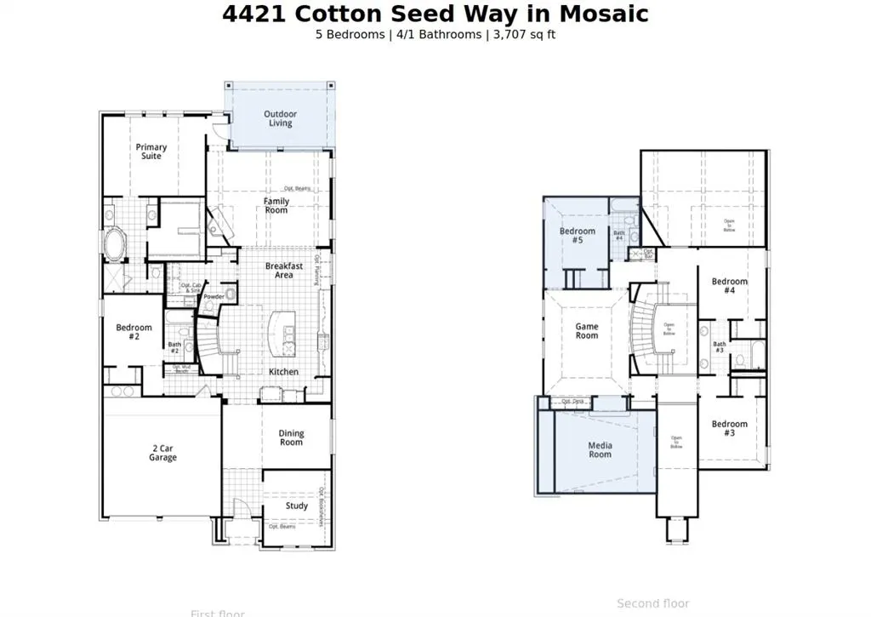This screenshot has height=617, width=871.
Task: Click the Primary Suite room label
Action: tap(151, 151)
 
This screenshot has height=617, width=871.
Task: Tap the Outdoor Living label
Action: tap(280, 118)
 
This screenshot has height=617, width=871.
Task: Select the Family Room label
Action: tap(276, 206)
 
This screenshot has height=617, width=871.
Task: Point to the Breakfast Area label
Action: tap(284, 271)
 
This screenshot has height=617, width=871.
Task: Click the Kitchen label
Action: tap(283, 372)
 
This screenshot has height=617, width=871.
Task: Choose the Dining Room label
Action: tap(291, 437)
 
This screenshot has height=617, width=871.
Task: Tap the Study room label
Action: tap(297, 506)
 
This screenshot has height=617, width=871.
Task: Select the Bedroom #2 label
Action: tap(134, 332)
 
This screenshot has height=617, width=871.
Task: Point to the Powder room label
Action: tap(213, 297)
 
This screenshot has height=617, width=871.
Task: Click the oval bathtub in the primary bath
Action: tap(114, 243)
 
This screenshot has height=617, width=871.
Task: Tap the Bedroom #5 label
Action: tap(578, 236)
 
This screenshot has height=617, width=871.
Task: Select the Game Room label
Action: tap(587, 331)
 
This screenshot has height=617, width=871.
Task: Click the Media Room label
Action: tap(600, 449)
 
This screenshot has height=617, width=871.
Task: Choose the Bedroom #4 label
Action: tap(730, 286)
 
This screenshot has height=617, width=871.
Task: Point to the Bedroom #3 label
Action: tap(730, 428)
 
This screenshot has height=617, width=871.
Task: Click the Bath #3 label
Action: tap(719, 347)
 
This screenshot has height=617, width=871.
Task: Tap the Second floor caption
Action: tap(652, 603)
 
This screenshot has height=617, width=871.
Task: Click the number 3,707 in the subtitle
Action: tap(513, 35)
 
